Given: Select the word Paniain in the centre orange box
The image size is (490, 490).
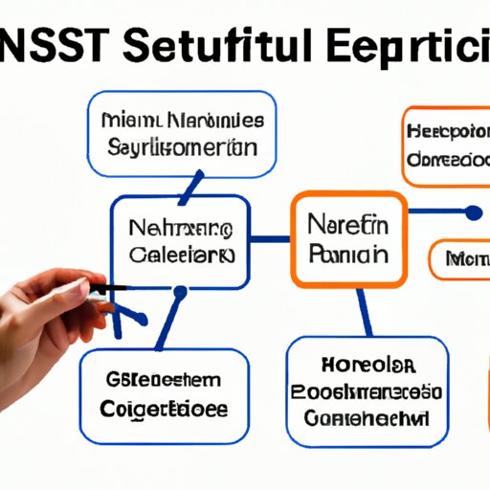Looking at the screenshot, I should pos(348,256).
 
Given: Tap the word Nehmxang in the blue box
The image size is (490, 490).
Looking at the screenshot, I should pos(180,230).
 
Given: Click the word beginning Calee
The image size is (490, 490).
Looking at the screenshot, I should pos(180,256).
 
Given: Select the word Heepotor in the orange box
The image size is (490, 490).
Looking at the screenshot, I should pos(447,130).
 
